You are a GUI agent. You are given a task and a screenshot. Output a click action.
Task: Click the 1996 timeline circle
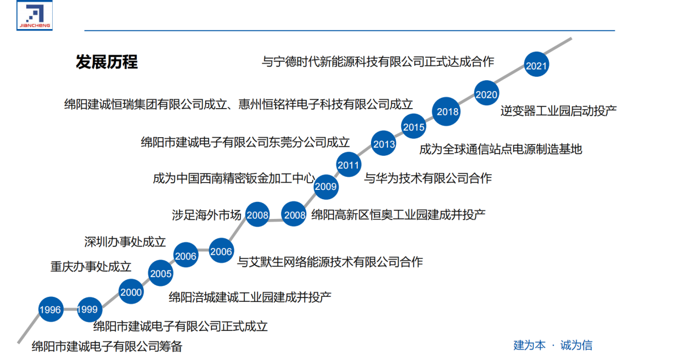[x=50, y=310]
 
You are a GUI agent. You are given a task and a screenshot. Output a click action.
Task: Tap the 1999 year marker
[x=87, y=310]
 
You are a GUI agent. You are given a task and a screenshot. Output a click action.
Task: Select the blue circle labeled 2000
[x=131, y=292]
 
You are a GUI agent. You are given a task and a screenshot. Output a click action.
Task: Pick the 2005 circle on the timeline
[x=161, y=274]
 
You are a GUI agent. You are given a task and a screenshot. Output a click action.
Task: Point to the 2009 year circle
[x=325, y=187]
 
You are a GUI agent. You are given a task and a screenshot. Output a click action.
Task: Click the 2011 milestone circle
[x=349, y=165]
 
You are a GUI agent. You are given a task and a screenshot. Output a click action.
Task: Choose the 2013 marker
[x=384, y=145]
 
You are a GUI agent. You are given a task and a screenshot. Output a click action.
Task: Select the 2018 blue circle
[x=448, y=112]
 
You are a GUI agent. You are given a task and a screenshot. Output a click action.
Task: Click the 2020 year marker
[x=486, y=94]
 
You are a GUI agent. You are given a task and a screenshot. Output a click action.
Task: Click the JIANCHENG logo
[x=34, y=15]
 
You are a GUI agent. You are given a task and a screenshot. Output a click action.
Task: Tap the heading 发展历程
[x=107, y=62]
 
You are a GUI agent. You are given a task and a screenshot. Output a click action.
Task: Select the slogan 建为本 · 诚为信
[x=553, y=345]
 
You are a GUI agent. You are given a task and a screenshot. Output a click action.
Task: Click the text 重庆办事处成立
[x=91, y=267]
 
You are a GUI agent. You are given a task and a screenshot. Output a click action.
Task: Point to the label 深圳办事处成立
[x=125, y=242]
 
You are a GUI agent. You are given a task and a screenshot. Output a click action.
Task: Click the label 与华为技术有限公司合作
[x=428, y=178]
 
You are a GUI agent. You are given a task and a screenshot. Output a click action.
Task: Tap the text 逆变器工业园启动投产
[x=558, y=110]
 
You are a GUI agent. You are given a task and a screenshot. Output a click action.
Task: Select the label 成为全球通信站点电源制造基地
[x=501, y=149]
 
